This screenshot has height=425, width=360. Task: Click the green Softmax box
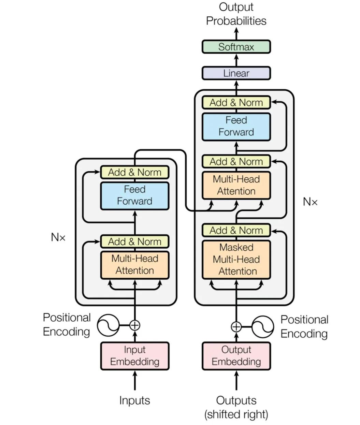236,47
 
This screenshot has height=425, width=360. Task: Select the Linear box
236,73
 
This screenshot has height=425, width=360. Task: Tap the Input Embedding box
135,356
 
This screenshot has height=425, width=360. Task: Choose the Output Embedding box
236,356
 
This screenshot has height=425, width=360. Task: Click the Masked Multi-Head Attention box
236,259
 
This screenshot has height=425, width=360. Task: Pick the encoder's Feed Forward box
135,195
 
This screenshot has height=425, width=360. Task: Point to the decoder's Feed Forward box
236,127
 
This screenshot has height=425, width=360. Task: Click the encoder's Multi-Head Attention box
135,265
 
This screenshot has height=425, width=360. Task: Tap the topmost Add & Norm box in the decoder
236,102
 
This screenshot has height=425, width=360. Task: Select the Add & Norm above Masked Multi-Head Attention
236,230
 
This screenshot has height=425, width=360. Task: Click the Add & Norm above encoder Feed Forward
135,172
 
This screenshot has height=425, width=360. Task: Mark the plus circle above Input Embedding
135,325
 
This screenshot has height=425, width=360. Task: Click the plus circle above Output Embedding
236,327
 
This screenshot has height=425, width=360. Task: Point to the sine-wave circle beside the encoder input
108,325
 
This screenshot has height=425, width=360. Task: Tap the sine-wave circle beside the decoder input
263,327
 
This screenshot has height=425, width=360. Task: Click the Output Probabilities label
236,14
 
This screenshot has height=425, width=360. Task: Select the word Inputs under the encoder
135,400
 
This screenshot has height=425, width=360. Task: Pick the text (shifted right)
236,414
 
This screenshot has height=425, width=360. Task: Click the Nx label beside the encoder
58,237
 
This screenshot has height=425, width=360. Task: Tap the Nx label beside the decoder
310,202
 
